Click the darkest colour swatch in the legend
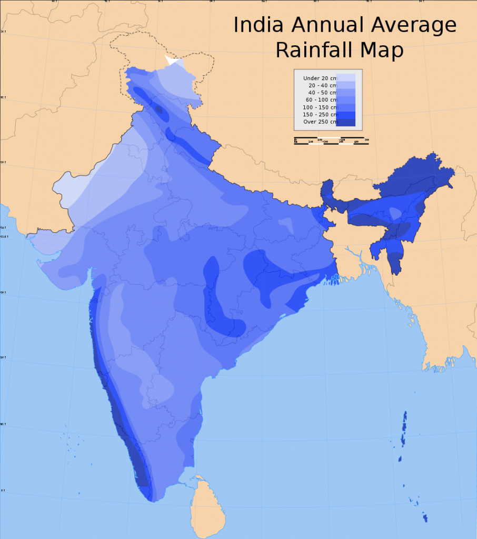tap(346, 123)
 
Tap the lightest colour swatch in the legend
tap(346, 77)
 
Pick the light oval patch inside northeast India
tap(394, 213)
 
